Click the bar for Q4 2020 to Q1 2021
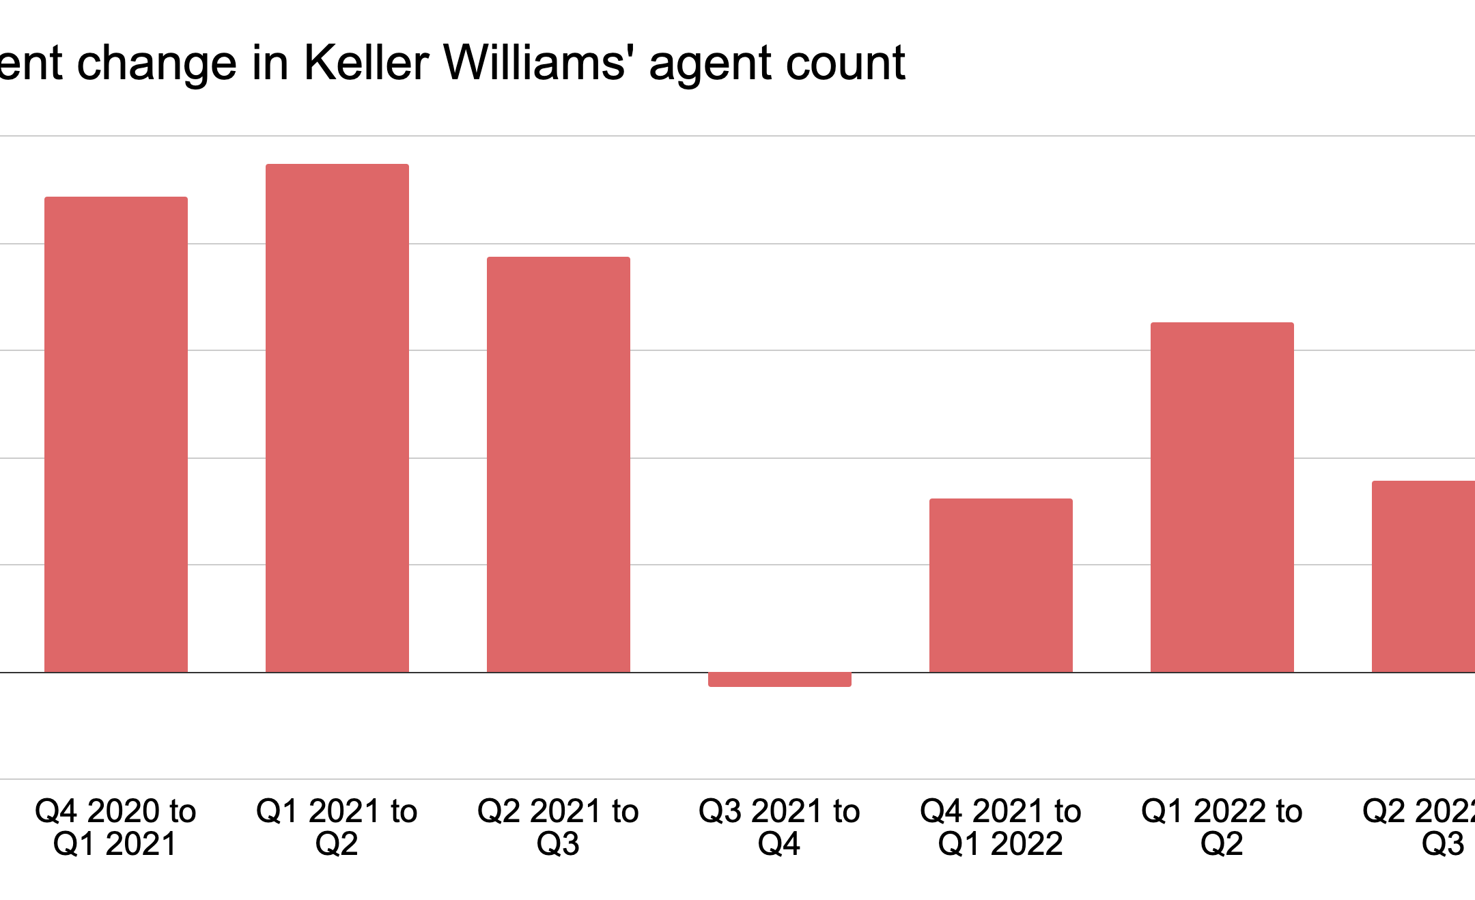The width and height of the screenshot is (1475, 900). pyautogui.click(x=116, y=434)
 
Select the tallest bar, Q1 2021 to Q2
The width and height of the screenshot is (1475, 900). pyautogui.click(x=337, y=418)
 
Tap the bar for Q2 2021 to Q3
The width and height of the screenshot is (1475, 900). pyautogui.click(x=559, y=464)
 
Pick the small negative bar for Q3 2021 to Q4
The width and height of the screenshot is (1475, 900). pyautogui.click(x=780, y=679)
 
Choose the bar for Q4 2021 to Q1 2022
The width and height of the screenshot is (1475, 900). pyautogui.click(x=1001, y=585)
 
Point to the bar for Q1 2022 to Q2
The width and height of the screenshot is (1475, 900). pyautogui.click(x=1222, y=497)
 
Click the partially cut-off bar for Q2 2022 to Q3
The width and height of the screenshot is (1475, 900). pyautogui.click(x=1424, y=576)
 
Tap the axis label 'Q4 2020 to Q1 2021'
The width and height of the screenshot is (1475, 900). pyautogui.click(x=115, y=827)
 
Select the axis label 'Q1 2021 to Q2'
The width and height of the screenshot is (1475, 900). pyautogui.click(x=337, y=827)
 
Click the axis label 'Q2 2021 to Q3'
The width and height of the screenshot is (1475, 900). pyautogui.click(x=558, y=827)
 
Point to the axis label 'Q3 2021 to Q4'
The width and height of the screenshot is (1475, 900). pyautogui.click(x=779, y=827)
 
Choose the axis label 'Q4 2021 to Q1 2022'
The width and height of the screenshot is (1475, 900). pyautogui.click(x=1000, y=827)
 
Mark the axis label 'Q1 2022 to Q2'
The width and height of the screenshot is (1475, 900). pyautogui.click(x=1222, y=827)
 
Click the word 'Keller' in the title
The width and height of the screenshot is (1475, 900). pyautogui.click(x=367, y=63)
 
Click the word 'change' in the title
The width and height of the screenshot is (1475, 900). pyautogui.click(x=157, y=66)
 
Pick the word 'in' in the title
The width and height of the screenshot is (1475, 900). pyautogui.click(x=270, y=63)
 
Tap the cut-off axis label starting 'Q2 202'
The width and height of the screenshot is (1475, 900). pyautogui.click(x=1420, y=827)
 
